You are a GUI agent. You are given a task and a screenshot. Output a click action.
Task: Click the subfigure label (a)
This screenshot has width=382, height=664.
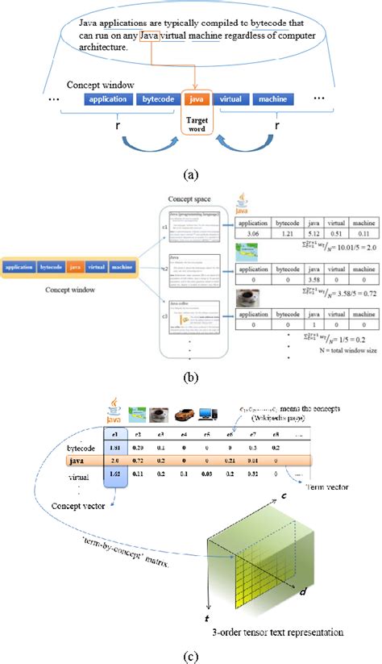point(190,173)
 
